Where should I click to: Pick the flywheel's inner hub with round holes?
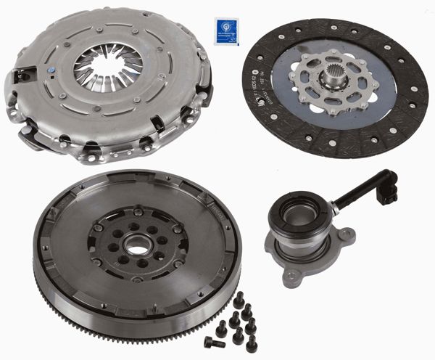tap(135, 247)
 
